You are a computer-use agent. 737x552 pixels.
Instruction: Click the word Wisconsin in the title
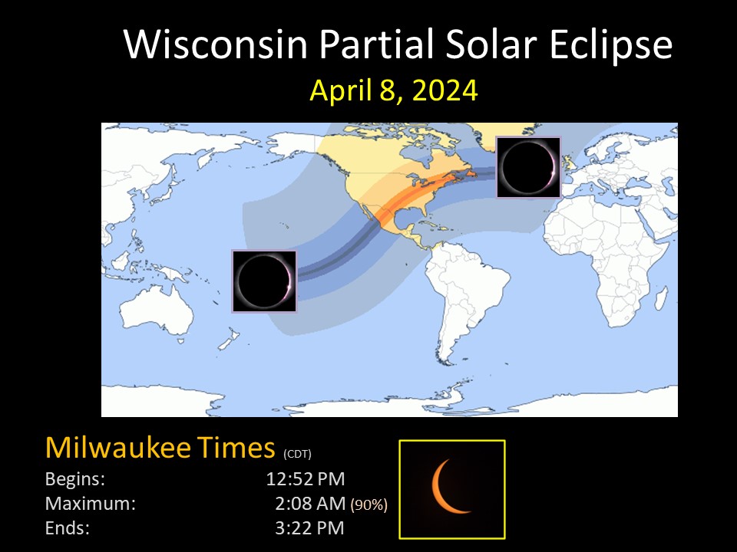click(216, 44)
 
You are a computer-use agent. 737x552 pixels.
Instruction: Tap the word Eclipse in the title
click(610, 44)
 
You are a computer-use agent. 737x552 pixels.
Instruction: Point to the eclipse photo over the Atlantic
click(528, 167)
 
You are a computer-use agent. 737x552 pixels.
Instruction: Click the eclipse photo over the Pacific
click(264, 281)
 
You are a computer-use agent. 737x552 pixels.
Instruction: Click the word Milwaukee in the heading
click(118, 447)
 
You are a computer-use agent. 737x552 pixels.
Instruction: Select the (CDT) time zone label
click(298, 454)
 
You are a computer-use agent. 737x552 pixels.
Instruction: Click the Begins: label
click(75, 479)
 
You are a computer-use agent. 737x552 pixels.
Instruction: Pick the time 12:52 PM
click(306, 478)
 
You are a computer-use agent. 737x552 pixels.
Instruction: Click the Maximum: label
click(91, 504)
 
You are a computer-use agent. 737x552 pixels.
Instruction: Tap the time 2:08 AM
click(310, 504)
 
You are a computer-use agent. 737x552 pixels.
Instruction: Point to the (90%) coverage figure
click(369, 504)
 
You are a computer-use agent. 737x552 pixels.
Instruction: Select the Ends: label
click(68, 528)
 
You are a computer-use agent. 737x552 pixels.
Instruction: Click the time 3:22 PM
click(309, 528)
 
